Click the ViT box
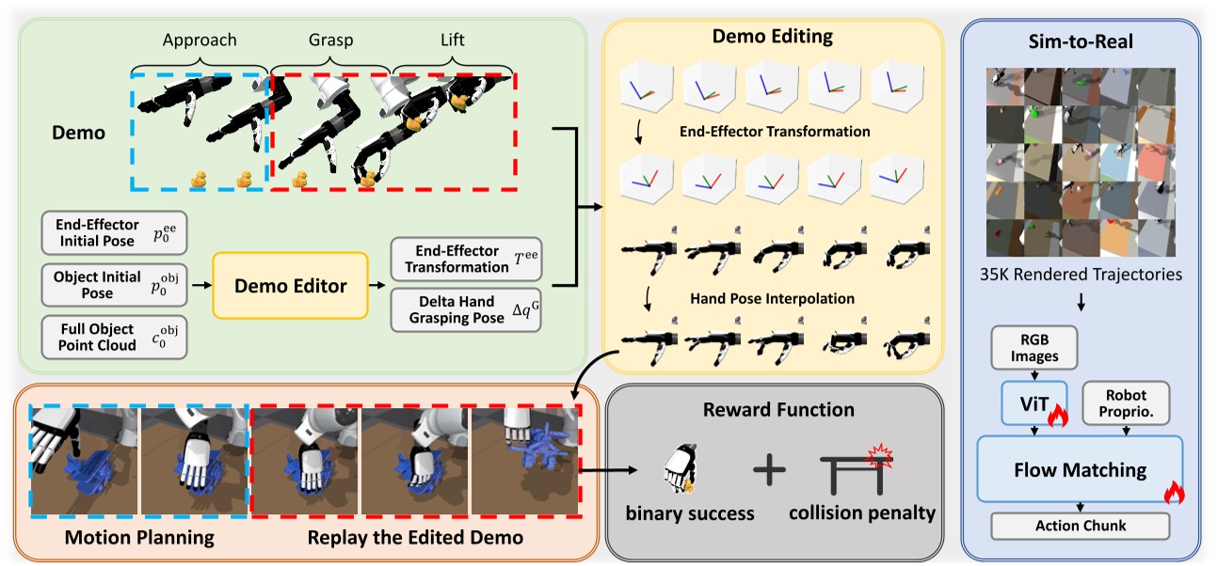pos(1033,403)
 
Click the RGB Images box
pos(1033,347)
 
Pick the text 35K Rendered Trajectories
pos(1080,275)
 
